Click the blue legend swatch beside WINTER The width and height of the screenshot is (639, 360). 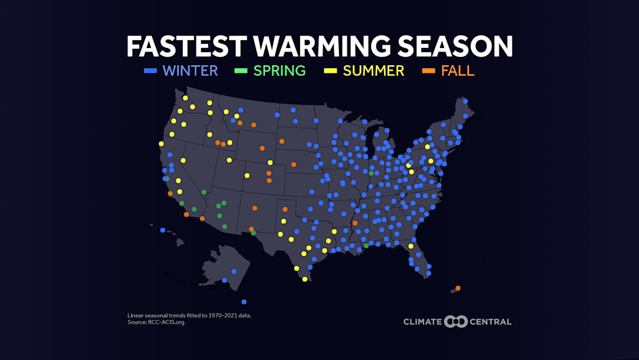(150, 71)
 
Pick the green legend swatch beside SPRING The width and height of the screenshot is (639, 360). (241, 71)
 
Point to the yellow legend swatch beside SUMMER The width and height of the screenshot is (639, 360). (330, 71)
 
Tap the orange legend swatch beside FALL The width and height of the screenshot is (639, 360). (428, 71)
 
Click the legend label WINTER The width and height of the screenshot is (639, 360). (190, 71)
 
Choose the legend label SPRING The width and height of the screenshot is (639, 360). (279, 71)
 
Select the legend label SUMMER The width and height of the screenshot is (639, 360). (373, 71)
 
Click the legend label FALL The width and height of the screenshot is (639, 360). (457, 71)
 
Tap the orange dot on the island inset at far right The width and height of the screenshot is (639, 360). (458, 288)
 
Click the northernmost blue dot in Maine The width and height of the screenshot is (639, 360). (466, 101)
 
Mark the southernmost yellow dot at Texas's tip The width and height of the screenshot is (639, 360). (305, 279)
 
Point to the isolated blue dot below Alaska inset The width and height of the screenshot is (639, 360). (244, 302)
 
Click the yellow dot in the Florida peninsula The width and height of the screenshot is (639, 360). (411, 246)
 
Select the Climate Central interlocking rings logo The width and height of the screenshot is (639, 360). (456, 322)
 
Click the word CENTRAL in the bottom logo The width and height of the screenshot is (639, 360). (490, 322)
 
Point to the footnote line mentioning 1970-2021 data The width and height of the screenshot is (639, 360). (189, 316)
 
